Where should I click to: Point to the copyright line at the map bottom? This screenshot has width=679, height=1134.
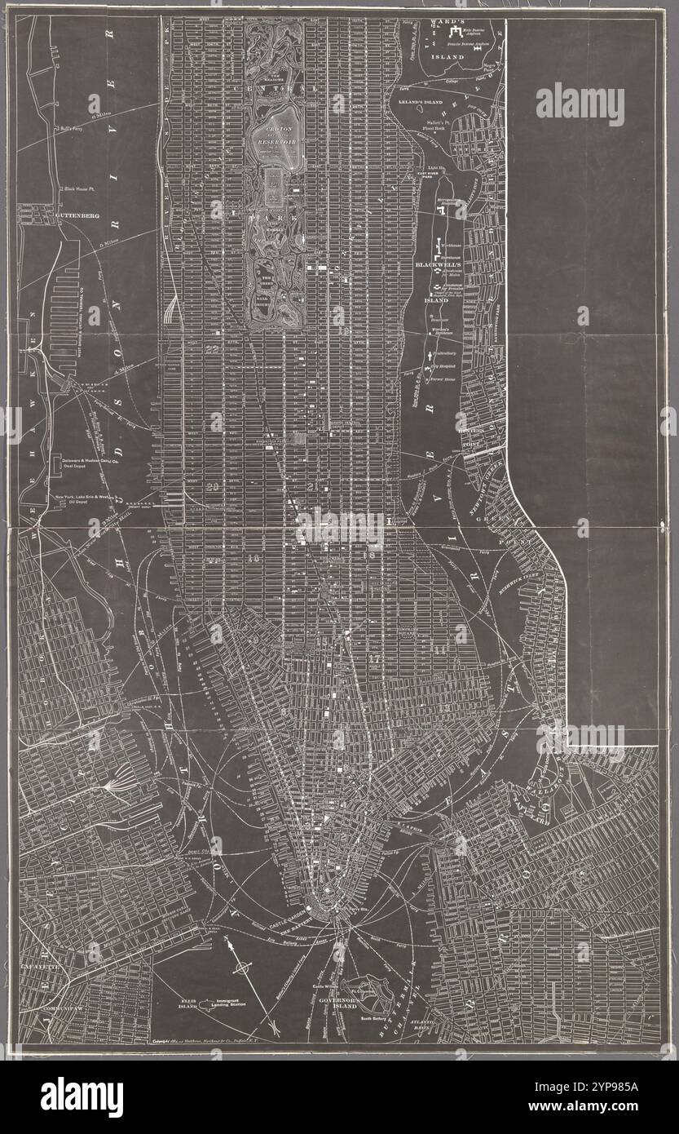pos(236,1041)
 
